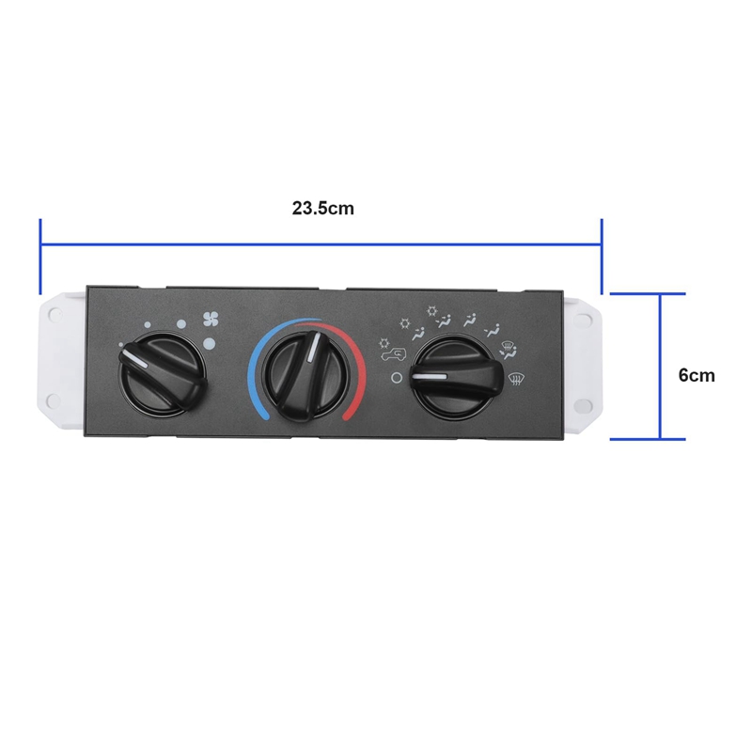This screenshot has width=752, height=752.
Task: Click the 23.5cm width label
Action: tap(322, 209)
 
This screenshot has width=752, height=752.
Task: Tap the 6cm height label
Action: tap(697, 375)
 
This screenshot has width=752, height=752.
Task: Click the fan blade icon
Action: tap(211, 319)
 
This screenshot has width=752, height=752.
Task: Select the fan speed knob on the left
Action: tap(162, 372)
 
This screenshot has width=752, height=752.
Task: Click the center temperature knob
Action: tap(305, 372)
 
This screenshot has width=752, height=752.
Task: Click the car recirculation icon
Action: tap(393, 354)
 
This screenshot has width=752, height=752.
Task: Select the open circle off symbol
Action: tap(397, 378)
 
